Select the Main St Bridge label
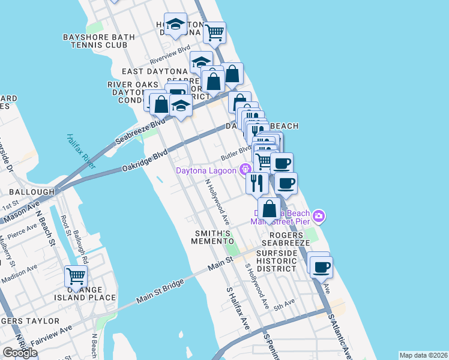(x=159, y=293)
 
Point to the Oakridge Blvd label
(x=144, y=161)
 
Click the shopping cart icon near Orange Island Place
(x=76, y=277)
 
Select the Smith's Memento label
(x=211, y=236)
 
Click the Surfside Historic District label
(x=277, y=261)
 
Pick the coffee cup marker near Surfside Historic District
(x=321, y=266)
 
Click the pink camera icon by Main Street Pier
(x=319, y=215)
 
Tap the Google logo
(x=20, y=353)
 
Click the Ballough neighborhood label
(x=28, y=192)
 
